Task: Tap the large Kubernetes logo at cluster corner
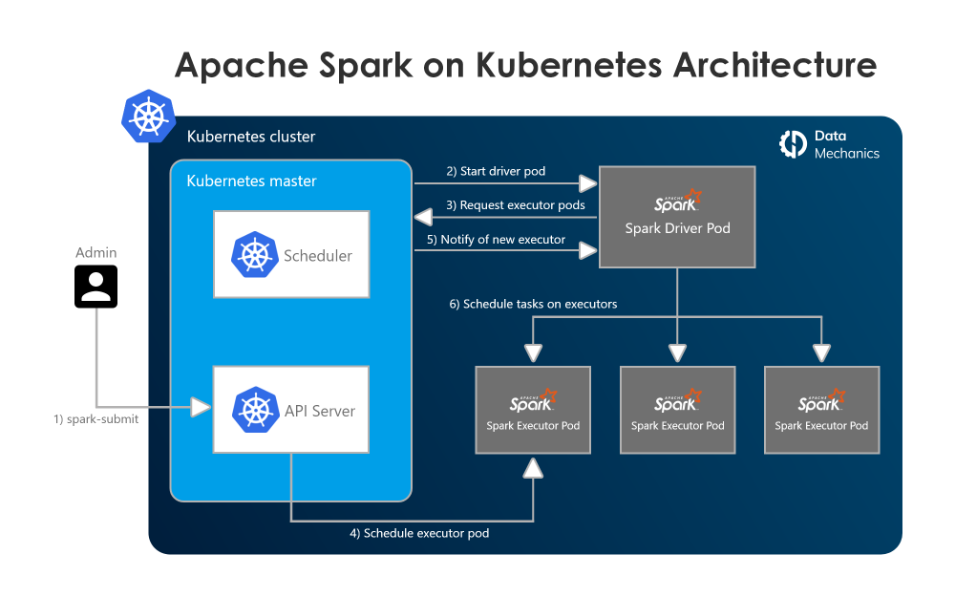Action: (x=149, y=117)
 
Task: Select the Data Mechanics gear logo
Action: (x=794, y=143)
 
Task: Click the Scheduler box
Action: (x=291, y=255)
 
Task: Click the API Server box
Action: (x=291, y=410)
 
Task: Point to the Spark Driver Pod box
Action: (x=677, y=217)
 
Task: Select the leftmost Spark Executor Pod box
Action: (x=533, y=410)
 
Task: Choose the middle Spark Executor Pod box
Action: (x=677, y=410)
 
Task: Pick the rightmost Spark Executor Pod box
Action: (x=821, y=410)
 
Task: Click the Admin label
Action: (x=96, y=253)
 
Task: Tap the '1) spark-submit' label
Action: (x=95, y=418)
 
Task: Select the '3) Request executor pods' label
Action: (x=516, y=204)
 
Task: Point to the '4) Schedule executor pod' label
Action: (x=419, y=533)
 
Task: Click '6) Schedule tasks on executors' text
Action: (x=533, y=304)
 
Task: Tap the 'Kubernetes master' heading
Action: (x=251, y=181)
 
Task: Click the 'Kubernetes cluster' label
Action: (x=251, y=137)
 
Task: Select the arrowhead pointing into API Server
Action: (x=201, y=408)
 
